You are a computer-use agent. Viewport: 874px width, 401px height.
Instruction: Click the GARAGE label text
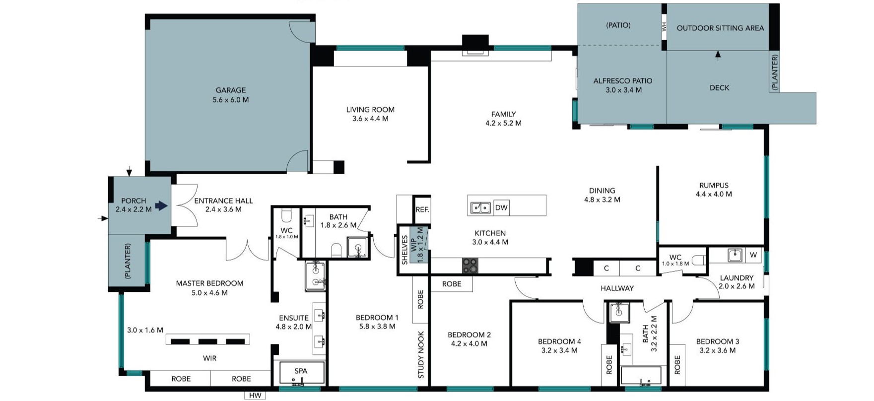coord(230,90)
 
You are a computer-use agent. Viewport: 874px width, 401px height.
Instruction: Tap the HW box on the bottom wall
coord(255,396)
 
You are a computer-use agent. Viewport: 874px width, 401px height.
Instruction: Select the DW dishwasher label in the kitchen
coord(501,207)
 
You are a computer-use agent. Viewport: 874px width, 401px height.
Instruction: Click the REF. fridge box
coord(422,209)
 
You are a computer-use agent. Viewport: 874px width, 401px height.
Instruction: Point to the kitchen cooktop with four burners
coord(470,266)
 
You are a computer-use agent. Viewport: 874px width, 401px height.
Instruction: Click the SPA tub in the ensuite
coord(301,373)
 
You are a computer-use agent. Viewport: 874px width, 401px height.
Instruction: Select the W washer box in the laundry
coord(753,255)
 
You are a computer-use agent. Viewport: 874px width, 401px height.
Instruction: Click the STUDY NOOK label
coord(421,355)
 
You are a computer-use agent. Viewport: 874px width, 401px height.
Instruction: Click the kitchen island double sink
coord(480,207)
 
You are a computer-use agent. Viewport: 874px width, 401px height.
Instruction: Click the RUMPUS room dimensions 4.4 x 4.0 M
coord(713,194)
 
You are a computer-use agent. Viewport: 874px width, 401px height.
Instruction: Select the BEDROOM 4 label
coord(559,341)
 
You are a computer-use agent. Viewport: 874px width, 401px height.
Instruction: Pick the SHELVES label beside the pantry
coord(404,250)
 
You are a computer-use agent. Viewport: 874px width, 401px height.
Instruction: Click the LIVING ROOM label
coord(370,110)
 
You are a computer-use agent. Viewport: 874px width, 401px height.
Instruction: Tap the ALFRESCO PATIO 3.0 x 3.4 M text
coord(623,85)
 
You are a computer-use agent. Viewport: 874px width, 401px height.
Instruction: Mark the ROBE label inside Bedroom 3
coord(677,365)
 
